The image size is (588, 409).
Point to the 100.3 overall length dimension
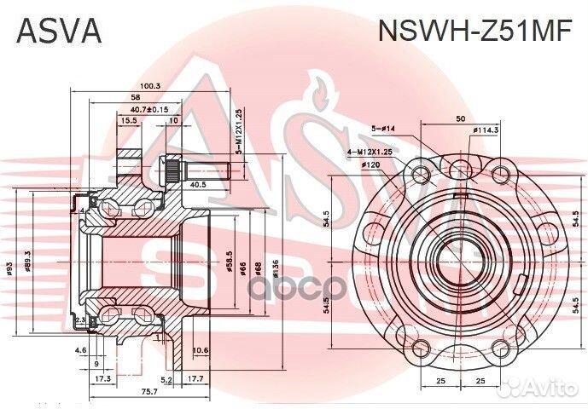pyautogui.click(x=150, y=85)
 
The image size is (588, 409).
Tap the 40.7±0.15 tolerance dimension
pyautogui.click(x=149, y=109)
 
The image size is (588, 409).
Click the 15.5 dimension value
pyautogui.click(x=129, y=121)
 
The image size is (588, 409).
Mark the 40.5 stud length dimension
pyautogui.click(x=198, y=184)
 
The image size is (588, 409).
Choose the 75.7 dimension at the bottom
pyautogui.click(x=149, y=391)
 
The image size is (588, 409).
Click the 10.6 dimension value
pyautogui.click(x=201, y=350)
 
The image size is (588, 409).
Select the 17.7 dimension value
pyautogui.click(x=195, y=378)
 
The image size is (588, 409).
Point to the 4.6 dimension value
pyautogui.click(x=80, y=350)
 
